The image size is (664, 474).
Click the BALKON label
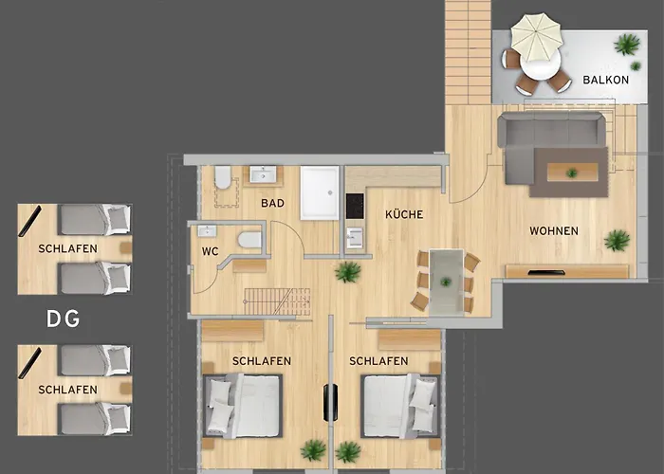[605, 80]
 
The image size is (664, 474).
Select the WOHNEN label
[554, 230]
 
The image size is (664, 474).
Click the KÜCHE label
[404, 214]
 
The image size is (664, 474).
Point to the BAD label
[273, 203]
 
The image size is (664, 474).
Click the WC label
[210, 251]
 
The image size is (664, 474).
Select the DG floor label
[64, 319]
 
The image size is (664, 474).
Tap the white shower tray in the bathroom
[320, 192]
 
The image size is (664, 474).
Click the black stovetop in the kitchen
[355, 206]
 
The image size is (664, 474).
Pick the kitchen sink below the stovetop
[355, 237]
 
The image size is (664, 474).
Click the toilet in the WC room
[249, 240]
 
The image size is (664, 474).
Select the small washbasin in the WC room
[207, 231]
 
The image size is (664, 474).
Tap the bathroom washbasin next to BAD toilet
[263, 173]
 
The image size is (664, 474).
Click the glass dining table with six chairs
[446, 282]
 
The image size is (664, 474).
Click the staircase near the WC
[277, 301]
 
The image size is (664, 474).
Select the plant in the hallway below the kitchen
[348, 272]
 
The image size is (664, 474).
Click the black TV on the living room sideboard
[546, 272]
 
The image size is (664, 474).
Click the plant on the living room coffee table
[572, 173]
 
